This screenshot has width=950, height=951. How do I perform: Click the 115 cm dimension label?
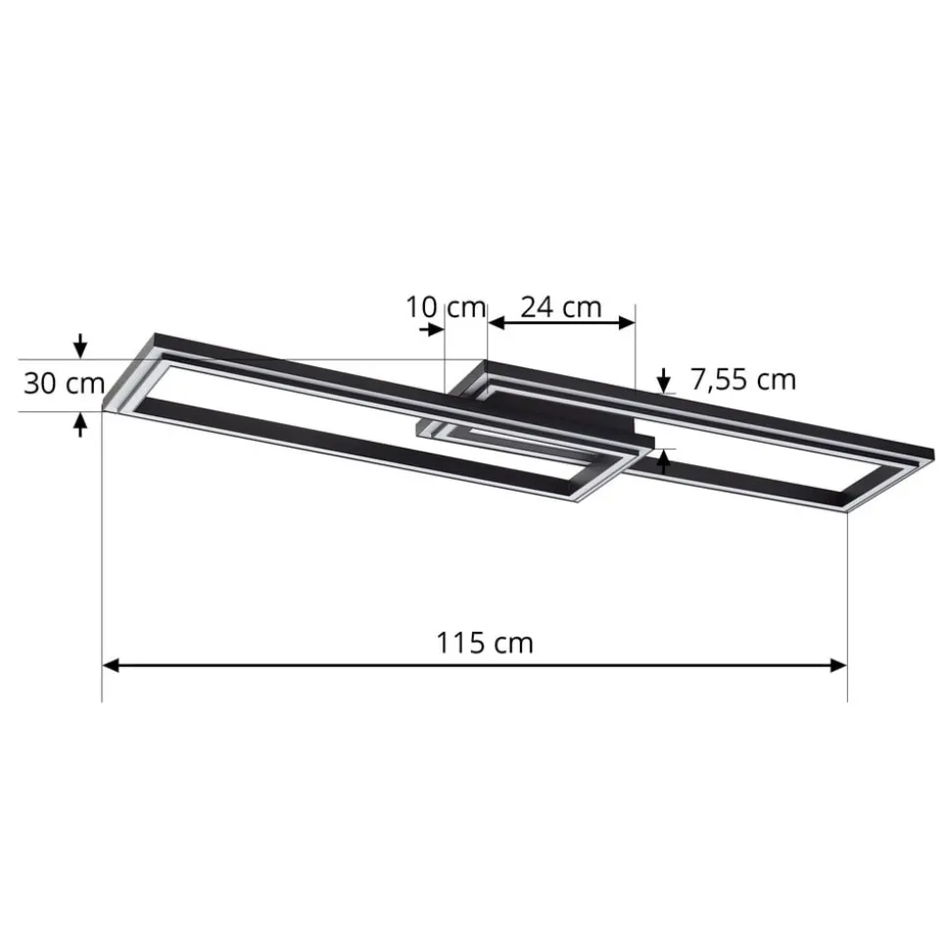(x=485, y=642)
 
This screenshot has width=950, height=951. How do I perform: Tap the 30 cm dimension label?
(x=64, y=383)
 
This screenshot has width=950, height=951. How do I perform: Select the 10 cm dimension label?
(x=446, y=308)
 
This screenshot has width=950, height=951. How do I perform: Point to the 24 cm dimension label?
(x=560, y=308)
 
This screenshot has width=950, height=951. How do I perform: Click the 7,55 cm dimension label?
(x=742, y=379)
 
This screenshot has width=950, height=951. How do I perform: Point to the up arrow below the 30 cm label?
(x=80, y=423)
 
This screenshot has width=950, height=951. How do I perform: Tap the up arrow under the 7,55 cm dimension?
(x=664, y=461)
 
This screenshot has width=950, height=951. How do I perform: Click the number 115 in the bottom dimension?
(x=463, y=642)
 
